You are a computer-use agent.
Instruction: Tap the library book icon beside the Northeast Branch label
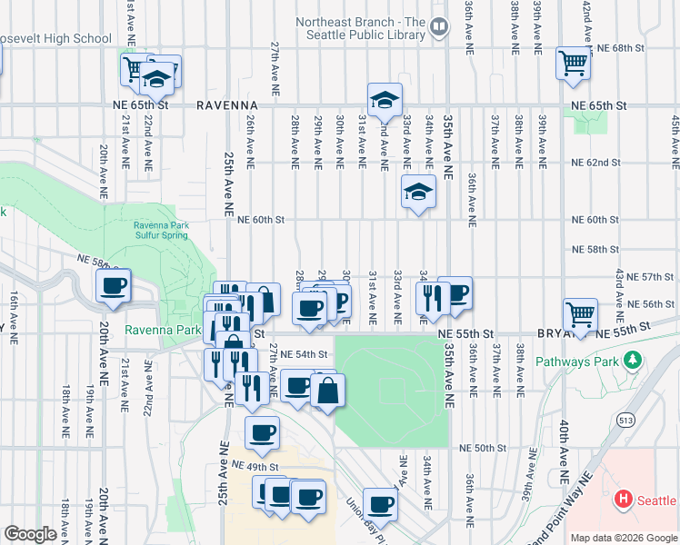[439, 27]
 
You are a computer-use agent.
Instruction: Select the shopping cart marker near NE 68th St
[573, 64]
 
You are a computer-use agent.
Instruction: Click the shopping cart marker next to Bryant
[580, 314]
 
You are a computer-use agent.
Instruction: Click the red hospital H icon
[623, 499]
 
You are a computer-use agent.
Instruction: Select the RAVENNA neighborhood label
[228, 105]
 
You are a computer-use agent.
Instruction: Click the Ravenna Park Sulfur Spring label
[161, 230]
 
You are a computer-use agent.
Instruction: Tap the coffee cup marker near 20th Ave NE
[115, 286]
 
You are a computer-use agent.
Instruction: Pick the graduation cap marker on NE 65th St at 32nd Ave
[385, 99]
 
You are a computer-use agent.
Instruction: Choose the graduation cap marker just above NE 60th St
[418, 192]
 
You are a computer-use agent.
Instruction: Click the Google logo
[30, 534]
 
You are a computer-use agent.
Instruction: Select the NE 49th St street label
[254, 465]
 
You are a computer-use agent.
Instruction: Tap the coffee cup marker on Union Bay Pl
[380, 504]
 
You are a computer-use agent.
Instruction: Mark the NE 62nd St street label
[595, 163]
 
